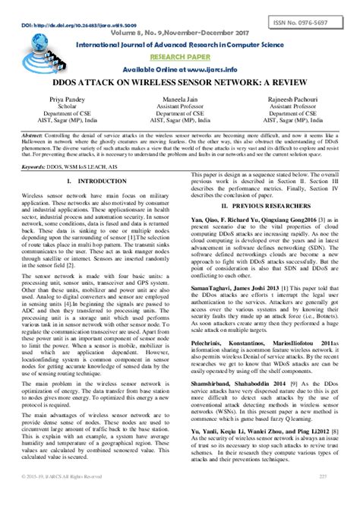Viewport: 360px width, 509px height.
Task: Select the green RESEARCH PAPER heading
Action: [179, 55]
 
